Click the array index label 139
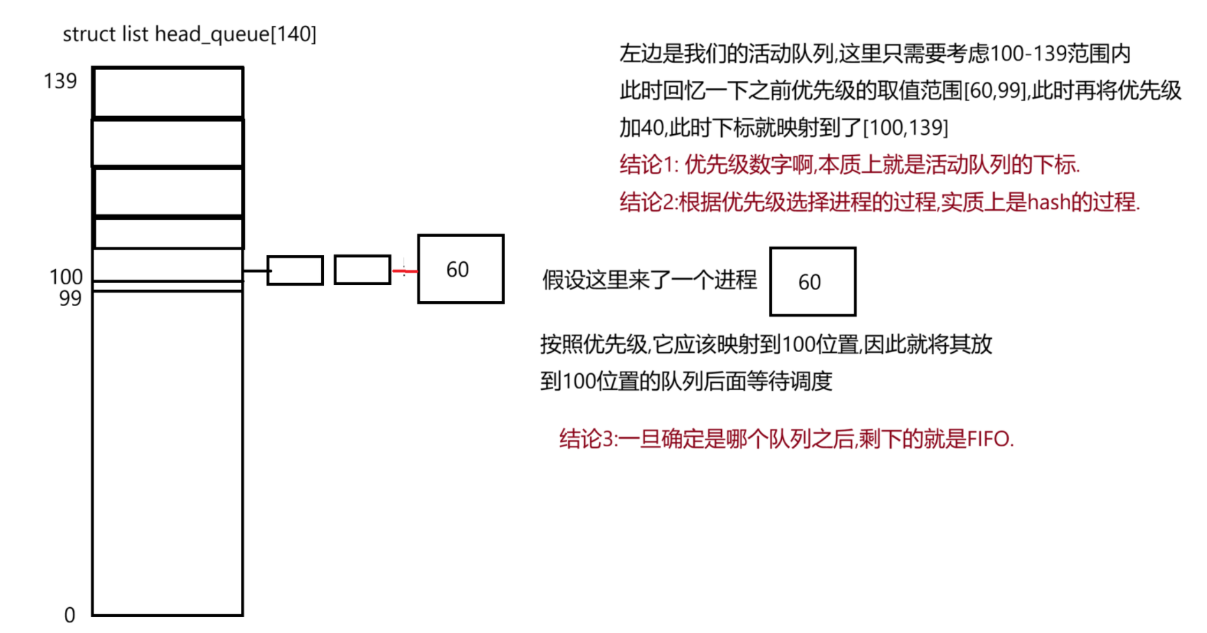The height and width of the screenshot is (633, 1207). [x=60, y=81]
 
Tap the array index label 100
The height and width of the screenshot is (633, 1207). [x=66, y=277]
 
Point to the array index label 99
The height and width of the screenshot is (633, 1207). [x=70, y=298]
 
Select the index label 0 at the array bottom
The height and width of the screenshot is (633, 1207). [x=69, y=616]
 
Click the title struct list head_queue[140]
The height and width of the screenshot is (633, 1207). [x=189, y=34]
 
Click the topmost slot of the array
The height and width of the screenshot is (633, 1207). [x=168, y=92]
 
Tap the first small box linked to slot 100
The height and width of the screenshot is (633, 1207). [x=295, y=270]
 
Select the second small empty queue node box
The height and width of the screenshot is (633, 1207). [x=362, y=270]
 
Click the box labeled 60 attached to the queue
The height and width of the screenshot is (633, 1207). [x=460, y=269]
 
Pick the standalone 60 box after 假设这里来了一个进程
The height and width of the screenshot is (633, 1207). [x=812, y=282]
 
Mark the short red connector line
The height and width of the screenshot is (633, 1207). [x=405, y=271]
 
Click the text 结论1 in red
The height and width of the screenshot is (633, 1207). [x=647, y=165]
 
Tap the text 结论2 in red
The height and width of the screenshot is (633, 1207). [x=647, y=203]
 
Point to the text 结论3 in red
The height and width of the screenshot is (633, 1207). [x=587, y=439]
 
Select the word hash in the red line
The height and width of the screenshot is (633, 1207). [x=1049, y=203]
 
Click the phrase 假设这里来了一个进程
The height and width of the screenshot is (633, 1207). [x=649, y=280]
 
